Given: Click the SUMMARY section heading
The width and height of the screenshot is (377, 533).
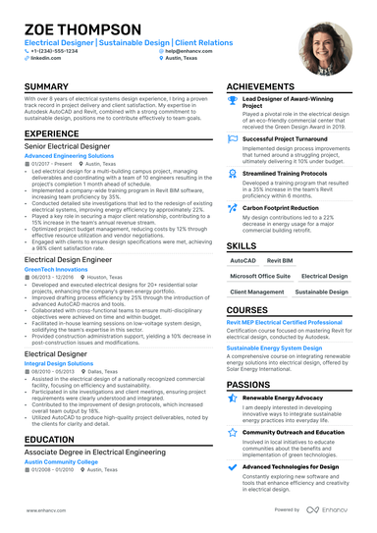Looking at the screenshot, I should coord(46,87).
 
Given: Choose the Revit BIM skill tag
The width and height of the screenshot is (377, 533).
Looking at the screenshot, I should coord(280,262).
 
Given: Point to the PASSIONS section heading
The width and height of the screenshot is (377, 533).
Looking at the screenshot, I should coord(249,386).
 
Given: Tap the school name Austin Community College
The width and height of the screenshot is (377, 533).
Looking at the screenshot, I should coord(61,460).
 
